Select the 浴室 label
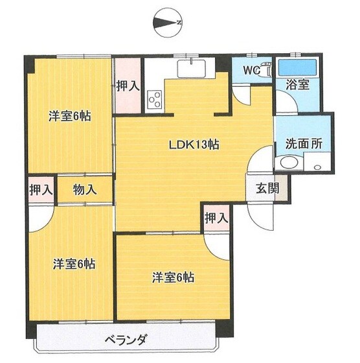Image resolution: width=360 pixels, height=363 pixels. pyautogui.click(x=297, y=84)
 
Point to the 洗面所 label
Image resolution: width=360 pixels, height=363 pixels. pyautogui.click(x=304, y=144)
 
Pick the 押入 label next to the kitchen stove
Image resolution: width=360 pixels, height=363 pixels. pyautogui.click(x=128, y=85)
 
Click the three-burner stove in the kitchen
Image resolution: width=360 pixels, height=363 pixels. pyautogui.click(x=155, y=99)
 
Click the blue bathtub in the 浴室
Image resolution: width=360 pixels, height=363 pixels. pyautogui.click(x=298, y=67)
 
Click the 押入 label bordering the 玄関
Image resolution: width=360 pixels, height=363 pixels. pyautogui.click(x=216, y=218)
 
